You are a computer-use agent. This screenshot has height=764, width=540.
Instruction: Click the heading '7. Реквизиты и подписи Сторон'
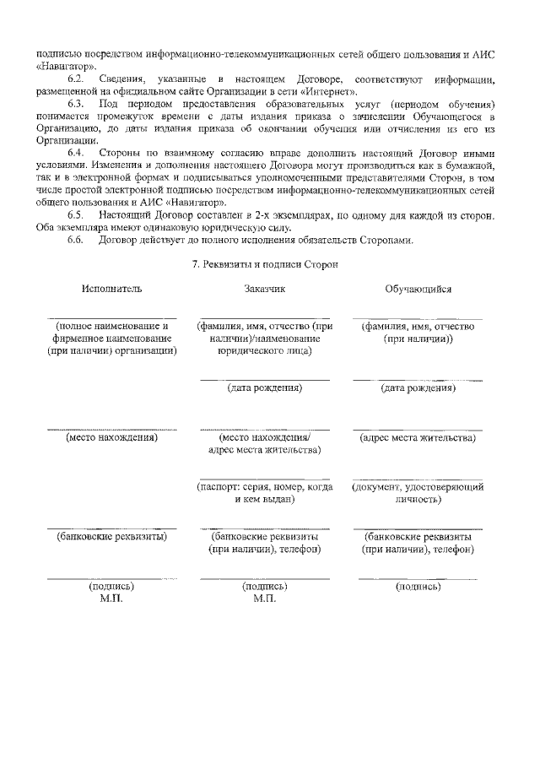coord(265,264)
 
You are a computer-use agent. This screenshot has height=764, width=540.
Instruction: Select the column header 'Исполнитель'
coord(112,289)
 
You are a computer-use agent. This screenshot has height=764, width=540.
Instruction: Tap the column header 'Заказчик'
coord(265,289)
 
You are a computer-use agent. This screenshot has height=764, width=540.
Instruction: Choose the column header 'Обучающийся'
coord(418,289)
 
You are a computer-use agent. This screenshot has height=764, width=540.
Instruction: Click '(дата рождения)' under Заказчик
coord(265,388)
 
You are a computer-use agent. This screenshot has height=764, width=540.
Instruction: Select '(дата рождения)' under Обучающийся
coord(418,388)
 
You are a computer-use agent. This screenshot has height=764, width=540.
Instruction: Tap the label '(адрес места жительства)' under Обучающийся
coord(418,438)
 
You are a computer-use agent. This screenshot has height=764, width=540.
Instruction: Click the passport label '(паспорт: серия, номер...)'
coord(265,493)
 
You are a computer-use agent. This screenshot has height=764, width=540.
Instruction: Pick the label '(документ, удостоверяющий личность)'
coord(418,493)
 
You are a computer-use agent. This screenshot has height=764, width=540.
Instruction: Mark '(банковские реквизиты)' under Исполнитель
coord(112,536)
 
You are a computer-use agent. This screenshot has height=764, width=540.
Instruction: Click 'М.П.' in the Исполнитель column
coord(111,599)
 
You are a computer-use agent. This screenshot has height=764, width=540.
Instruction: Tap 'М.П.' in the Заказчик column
coord(264,599)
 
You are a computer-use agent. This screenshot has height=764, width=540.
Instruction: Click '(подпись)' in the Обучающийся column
coord(418,586)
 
